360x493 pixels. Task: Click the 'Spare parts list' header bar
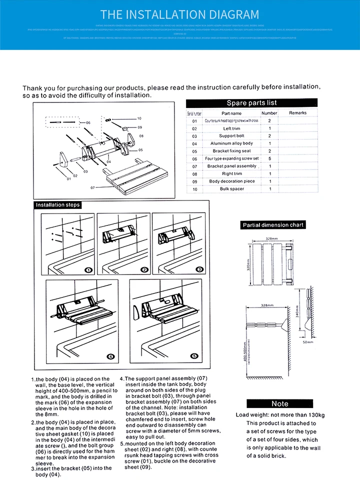(x=251, y=103)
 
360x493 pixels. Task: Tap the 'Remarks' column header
(x=297, y=113)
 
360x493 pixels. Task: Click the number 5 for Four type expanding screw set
(x=269, y=158)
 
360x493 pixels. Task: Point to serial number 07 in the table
(x=194, y=166)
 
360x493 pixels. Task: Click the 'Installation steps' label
(x=57, y=205)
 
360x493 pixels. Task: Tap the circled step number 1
(x=88, y=270)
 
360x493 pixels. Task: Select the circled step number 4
(x=111, y=356)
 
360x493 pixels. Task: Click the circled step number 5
(x=195, y=356)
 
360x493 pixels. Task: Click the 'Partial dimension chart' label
(x=273, y=225)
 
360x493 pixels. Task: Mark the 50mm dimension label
(x=307, y=342)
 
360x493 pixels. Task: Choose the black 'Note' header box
(x=279, y=403)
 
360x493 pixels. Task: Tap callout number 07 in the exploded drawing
(x=92, y=188)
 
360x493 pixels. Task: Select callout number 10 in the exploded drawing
(x=139, y=118)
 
